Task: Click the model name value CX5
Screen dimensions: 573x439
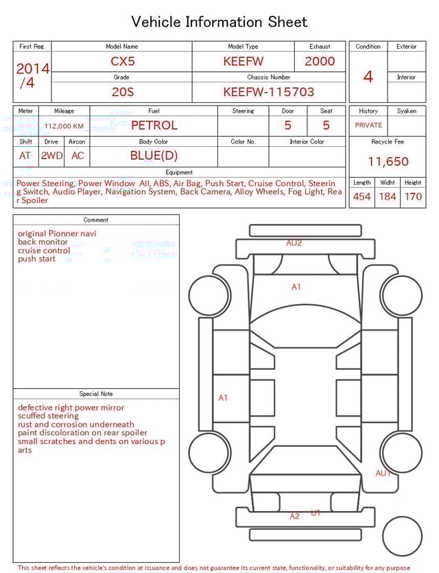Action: coord(123,61)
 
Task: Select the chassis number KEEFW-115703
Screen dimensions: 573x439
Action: coord(268,92)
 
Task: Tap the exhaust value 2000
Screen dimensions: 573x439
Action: coord(320,61)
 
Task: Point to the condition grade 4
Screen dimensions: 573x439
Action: coord(368,76)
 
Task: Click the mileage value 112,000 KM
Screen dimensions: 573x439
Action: coord(64,126)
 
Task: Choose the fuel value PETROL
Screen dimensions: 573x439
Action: coord(154,126)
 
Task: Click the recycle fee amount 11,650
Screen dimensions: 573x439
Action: coord(388,162)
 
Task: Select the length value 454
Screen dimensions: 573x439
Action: coord(361,197)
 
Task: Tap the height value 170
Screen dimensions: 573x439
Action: coord(413,197)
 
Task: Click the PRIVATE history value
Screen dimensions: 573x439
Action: coord(368,126)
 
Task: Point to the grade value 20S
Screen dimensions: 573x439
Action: coord(122,92)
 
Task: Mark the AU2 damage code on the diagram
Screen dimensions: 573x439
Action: coord(294,243)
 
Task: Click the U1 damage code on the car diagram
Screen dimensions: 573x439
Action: coord(316,513)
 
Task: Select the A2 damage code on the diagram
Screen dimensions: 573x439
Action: coord(294,516)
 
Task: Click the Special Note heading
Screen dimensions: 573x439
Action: coord(96,394)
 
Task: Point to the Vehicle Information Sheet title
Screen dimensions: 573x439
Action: coord(219,22)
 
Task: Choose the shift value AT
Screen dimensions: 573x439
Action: coord(25,156)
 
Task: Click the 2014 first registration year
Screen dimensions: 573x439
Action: coord(32,69)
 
